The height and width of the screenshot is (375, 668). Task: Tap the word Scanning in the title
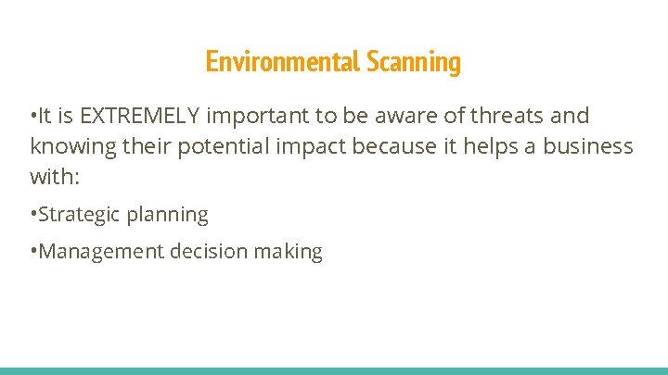tap(414, 62)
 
